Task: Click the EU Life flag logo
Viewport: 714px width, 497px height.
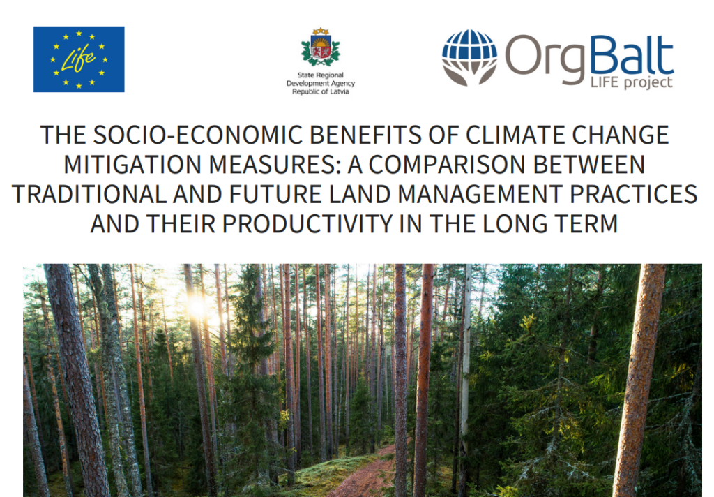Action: (79, 59)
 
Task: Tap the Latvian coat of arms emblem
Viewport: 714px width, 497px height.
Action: (321, 47)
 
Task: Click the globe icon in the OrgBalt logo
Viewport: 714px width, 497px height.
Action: (469, 57)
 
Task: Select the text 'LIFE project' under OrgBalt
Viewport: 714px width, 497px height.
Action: (631, 82)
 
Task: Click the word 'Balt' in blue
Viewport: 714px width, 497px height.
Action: (632, 56)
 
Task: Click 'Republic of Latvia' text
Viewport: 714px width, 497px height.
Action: (321, 91)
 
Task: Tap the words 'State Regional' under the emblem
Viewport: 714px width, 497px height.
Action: (321, 75)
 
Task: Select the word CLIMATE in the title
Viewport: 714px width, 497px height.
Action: (515, 135)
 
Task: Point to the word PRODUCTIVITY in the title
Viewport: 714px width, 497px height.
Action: (307, 224)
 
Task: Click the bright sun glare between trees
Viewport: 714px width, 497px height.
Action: (197, 306)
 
